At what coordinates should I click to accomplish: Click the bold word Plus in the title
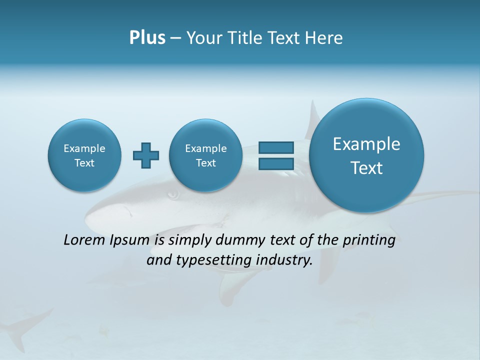click(147, 38)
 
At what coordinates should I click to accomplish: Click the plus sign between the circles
click(146, 155)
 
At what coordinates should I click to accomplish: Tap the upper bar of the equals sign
click(275, 147)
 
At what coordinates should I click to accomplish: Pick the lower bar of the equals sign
click(275, 163)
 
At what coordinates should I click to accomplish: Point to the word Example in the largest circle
click(366, 144)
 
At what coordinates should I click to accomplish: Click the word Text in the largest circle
click(366, 168)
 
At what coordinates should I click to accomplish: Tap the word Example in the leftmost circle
click(84, 148)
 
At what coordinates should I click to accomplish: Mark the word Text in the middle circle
click(206, 163)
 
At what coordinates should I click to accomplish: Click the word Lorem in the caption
click(84, 240)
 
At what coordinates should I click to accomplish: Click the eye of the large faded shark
click(173, 194)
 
